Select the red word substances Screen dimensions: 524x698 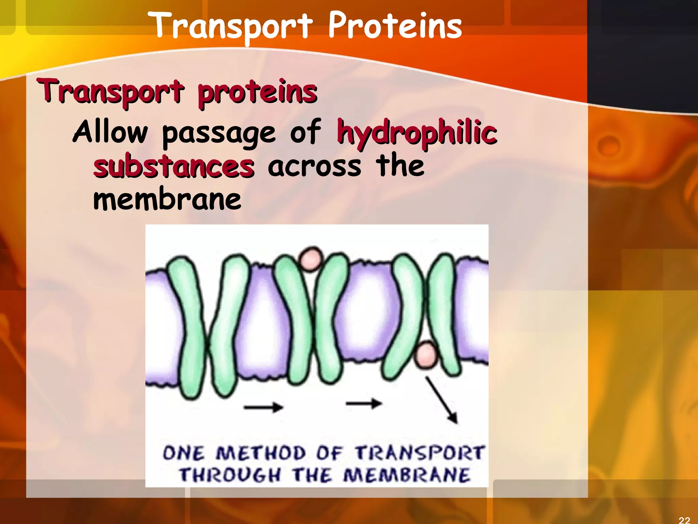click(174, 166)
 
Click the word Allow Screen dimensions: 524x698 click(110, 132)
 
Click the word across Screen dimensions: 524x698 click(314, 166)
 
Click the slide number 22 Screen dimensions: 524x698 click(684, 520)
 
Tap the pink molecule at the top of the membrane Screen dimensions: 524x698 click(310, 259)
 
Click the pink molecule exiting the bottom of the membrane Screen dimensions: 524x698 click(425, 355)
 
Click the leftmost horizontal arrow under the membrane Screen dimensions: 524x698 click(263, 407)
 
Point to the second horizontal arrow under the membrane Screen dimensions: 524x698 click(363, 404)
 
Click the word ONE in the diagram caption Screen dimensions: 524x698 click(184, 453)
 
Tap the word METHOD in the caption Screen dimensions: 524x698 click(261, 453)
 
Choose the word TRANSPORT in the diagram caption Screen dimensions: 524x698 click(419, 453)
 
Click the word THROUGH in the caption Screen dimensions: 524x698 click(230, 475)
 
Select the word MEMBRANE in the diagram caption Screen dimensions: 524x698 click(406, 475)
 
